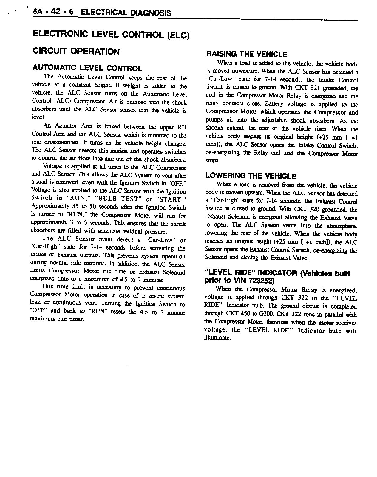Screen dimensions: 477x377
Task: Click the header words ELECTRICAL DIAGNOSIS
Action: click(x=126, y=13)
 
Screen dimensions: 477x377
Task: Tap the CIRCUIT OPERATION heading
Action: click(x=76, y=52)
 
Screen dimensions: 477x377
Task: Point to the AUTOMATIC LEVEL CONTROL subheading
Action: click(x=87, y=68)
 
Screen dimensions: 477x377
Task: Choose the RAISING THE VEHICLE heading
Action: click(x=247, y=54)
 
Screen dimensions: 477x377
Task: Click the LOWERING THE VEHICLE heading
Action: click(x=251, y=176)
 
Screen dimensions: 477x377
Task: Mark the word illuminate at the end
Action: click(x=217, y=338)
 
